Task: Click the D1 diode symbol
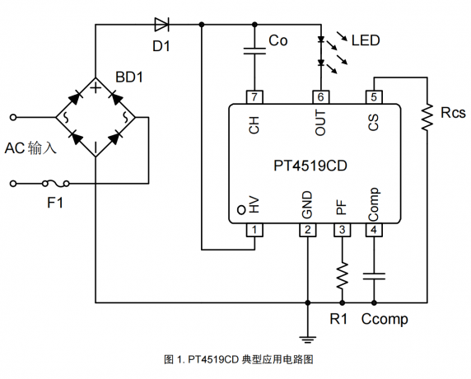click(161, 25)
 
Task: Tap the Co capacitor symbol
click(254, 51)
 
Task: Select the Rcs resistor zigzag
click(427, 117)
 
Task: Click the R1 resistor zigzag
click(343, 275)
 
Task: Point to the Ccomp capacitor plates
click(374, 276)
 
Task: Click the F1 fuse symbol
click(55, 183)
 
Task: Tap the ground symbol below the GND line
click(308, 339)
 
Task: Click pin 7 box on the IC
click(254, 97)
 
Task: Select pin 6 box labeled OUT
click(321, 97)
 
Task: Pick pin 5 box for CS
click(374, 97)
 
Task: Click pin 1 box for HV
click(254, 230)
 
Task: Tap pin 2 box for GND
click(308, 230)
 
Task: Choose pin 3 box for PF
click(343, 230)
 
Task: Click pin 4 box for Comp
click(374, 230)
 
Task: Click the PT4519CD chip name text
click(310, 166)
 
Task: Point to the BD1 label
click(129, 77)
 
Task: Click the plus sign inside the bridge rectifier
click(96, 88)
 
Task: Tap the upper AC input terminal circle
click(13, 117)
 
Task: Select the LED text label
click(366, 40)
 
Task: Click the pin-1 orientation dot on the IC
click(241, 210)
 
